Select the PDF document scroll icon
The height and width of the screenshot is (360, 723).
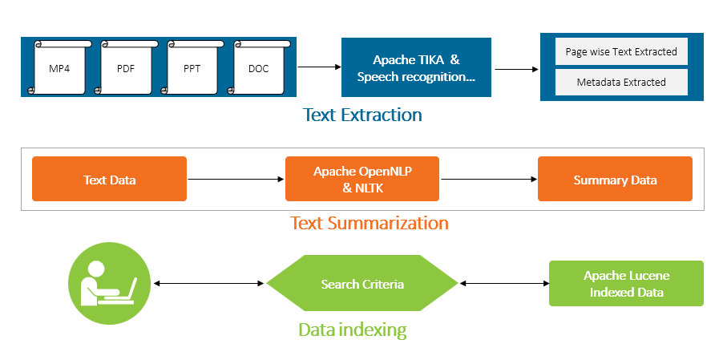pos(125,68)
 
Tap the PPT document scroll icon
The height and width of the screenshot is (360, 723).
pos(192,68)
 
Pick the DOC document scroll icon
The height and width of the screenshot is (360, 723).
pos(259,68)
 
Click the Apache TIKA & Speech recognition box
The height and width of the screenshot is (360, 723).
pos(416,68)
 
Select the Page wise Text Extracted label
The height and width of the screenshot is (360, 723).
pos(621,52)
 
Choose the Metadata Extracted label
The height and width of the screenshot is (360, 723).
pos(621,82)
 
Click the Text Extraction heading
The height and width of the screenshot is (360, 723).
pos(362,115)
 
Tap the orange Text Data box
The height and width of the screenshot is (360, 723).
pos(109,179)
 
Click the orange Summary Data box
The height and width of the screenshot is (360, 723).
pos(615,179)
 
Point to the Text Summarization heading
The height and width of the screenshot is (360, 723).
pos(369,223)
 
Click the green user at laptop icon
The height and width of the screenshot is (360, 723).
pos(109,283)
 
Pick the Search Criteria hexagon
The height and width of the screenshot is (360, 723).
pos(361,284)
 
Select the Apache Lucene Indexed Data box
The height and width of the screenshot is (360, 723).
pos(626,283)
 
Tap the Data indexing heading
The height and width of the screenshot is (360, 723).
pos(352,330)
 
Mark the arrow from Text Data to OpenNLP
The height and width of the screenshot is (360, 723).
pos(236,180)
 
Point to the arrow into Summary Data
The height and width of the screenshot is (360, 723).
pos(488,180)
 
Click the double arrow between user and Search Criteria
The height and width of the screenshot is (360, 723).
pos(208,284)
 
